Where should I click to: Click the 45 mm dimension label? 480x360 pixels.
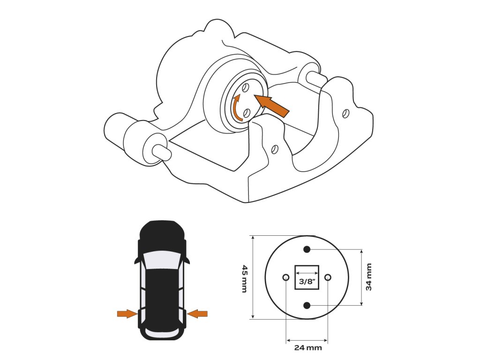244,278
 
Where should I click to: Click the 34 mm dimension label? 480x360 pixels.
369,277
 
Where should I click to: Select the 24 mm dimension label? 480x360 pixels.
308,348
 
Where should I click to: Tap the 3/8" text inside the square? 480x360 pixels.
307,282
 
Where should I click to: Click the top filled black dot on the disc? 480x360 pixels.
307,249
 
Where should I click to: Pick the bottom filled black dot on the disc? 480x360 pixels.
307,306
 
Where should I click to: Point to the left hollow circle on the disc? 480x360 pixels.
285,277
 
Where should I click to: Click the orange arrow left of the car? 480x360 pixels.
126,314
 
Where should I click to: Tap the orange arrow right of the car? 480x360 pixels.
198,314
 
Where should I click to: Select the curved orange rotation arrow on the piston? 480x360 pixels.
238,107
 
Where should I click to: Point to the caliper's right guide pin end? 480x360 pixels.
313,75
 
